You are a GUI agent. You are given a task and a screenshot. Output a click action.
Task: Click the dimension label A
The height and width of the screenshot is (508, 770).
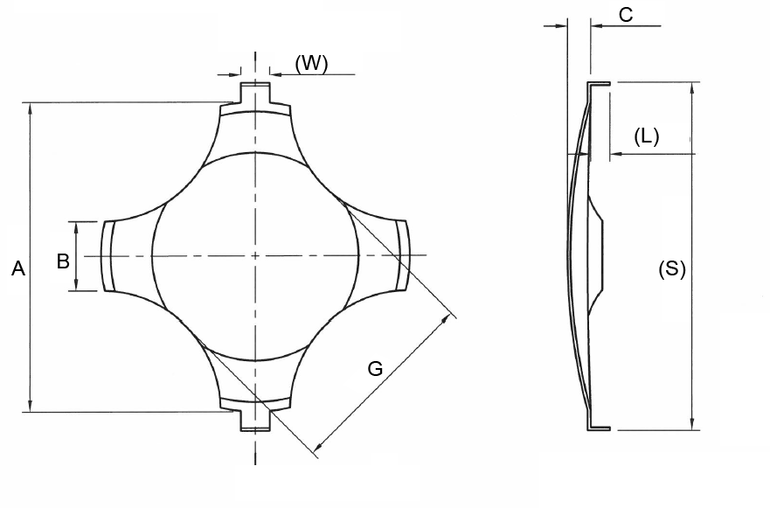click(17, 270)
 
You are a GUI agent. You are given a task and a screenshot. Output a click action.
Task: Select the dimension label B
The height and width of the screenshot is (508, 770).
click(63, 261)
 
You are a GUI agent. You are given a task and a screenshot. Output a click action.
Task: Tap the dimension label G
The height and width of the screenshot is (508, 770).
click(375, 369)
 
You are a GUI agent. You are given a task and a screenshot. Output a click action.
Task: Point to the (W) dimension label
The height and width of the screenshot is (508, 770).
click(311, 64)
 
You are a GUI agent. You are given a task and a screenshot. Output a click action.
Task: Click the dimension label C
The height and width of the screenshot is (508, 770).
click(625, 14)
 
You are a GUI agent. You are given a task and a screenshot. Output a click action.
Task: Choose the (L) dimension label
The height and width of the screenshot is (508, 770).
click(646, 136)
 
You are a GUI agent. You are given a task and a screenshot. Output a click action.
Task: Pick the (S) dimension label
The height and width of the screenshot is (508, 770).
click(671, 269)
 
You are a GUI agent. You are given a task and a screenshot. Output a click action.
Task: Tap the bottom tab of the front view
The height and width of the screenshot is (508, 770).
click(254, 420)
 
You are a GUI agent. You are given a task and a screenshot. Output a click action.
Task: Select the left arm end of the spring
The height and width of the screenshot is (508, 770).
click(108, 255)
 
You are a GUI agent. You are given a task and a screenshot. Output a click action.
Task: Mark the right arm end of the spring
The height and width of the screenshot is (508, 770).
click(403, 255)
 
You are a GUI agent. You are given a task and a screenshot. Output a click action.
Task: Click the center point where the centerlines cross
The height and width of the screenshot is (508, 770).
click(254, 255)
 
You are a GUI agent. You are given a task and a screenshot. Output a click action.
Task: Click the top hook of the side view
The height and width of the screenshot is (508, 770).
click(598, 84)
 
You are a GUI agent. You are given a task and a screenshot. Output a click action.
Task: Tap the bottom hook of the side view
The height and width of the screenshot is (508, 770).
click(598, 428)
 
